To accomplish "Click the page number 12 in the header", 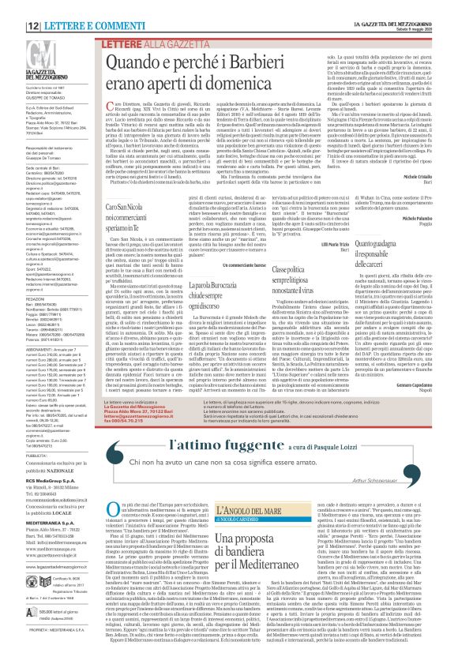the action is [13, 6].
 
